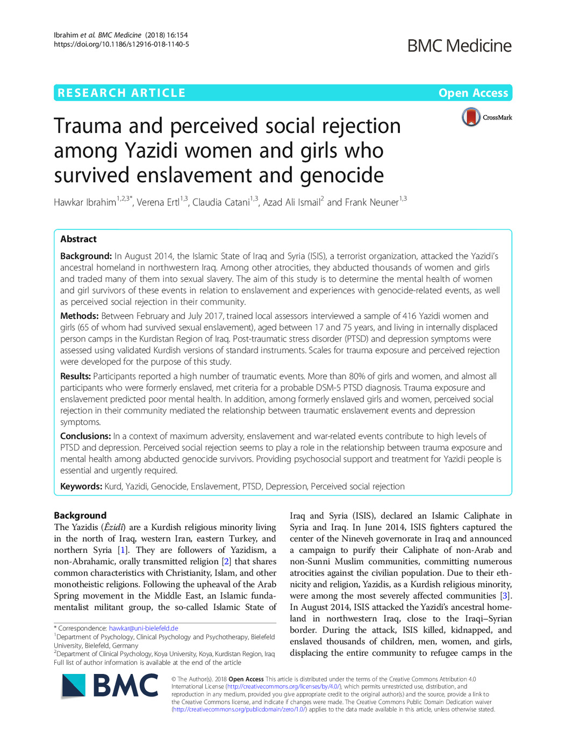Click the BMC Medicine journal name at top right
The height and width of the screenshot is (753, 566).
(x=459, y=46)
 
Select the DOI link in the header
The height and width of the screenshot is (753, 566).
(x=121, y=44)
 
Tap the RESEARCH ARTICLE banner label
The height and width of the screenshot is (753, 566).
(x=121, y=93)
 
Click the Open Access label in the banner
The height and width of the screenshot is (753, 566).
(x=473, y=93)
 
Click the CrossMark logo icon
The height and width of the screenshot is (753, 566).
(x=471, y=117)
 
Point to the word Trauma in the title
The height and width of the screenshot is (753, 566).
(x=88, y=126)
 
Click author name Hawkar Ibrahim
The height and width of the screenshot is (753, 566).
(x=85, y=203)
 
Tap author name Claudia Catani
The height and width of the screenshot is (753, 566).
(x=221, y=203)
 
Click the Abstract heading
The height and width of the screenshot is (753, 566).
(x=78, y=239)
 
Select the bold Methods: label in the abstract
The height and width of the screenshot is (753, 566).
(x=79, y=316)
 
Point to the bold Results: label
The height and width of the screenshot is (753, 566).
(x=75, y=376)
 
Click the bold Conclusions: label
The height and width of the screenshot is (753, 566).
(x=85, y=436)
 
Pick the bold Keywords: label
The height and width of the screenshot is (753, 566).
(x=81, y=487)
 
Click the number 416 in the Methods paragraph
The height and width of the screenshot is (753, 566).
(x=410, y=316)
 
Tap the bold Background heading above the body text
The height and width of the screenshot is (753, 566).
(x=80, y=515)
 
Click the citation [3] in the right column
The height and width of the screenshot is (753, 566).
(x=505, y=596)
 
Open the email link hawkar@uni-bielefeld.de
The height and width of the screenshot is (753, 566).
(x=144, y=628)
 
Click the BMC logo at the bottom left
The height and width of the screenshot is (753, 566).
(x=110, y=686)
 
